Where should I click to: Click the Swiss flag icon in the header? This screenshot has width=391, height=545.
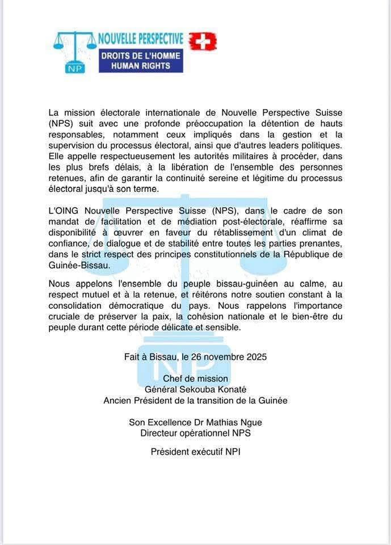click(203, 41)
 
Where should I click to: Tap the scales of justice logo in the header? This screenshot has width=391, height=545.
click(74, 51)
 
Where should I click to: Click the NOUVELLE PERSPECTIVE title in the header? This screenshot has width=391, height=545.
click(141, 39)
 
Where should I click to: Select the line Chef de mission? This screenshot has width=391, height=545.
click(195, 379)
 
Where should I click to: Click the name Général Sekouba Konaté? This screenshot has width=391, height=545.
click(195, 389)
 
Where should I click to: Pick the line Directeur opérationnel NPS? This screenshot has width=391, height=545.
click(195, 433)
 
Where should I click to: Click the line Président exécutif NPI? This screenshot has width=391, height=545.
click(195, 452)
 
